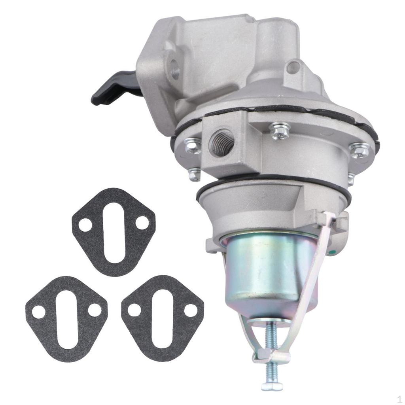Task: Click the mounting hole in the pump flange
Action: click(x=174, y=71)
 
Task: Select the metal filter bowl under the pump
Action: click(x=269, y=273)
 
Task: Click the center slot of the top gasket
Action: click(x=114, y=233)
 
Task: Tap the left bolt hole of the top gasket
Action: click(x=85, y=225)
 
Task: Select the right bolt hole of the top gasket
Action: click(x=142, y=223)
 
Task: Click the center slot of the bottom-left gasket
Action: click(x=66, y=320)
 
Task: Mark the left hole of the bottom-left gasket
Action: click(x=38, y=312)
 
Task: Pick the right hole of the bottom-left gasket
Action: click(x=95, y=310)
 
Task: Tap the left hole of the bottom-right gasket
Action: click(x=134, y=310)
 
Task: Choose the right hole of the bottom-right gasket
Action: click(x=191, y=310)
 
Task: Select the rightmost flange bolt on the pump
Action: click(x=360, y=151)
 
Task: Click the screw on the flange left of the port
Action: click(x=192, y=146)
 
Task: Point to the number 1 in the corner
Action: click(x=399, y=399)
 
